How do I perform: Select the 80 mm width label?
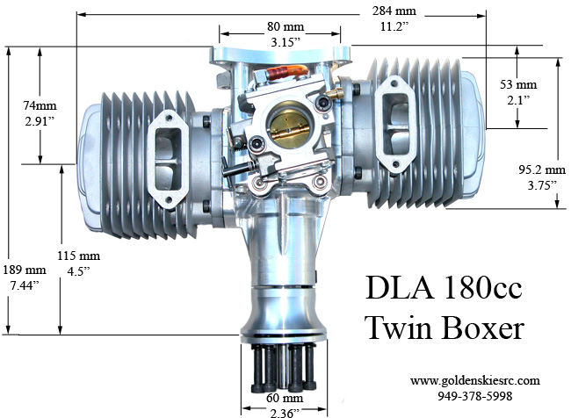[x=284, y=25]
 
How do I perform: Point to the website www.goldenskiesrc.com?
[x=474, y=380]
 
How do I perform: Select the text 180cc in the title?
[x=473, y=290]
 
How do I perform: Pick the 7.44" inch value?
[x=22, y=286]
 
